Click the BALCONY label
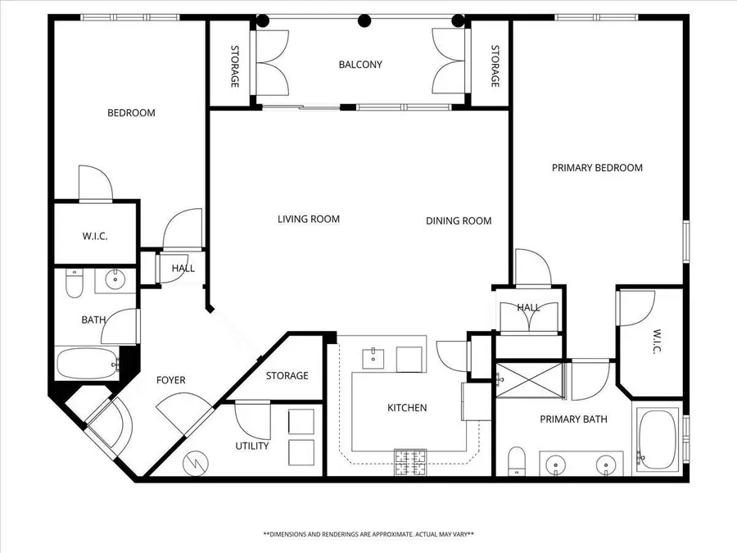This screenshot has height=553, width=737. pyautogui.click(x=360, y=65)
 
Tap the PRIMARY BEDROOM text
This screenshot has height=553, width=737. pyautogui.click(x=597, y=168)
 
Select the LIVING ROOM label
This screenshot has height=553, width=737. pyautogui.click(x=308, y=220)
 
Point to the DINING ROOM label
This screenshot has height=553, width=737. pyautogui.click(x=459, y=221)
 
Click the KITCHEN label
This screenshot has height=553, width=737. pyautogui.click(x=407, y=408)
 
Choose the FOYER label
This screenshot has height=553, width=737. pyautogui.click(x=171, y=380)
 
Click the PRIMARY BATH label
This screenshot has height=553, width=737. pyautogui.click(x=573, y=419)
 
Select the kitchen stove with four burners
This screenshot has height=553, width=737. pyautogui.click(x=410, y=462)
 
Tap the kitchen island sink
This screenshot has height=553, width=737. pyautogui.click(x=374, y=356)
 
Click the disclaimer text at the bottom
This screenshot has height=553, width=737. pyautogui.click(x=368, y=534)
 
